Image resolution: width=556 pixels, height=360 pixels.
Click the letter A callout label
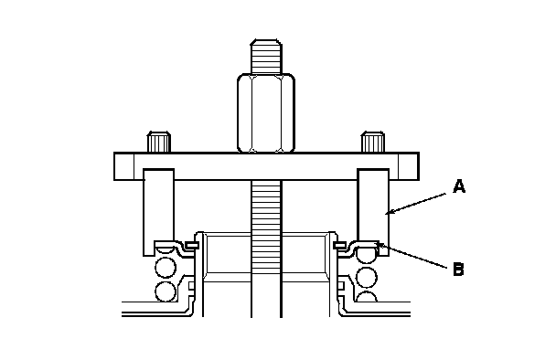(459, 186)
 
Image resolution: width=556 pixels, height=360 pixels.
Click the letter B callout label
(458, 270)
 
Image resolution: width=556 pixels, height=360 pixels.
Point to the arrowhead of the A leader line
(389, 213)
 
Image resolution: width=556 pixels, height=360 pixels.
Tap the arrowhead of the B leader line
(380, 244)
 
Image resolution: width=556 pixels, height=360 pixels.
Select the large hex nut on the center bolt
(266, 113)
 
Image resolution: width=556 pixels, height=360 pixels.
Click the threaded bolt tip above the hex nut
(266, 57)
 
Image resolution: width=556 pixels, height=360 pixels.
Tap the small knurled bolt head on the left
(159, 142)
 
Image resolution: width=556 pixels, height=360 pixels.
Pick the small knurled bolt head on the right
(373, 142)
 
